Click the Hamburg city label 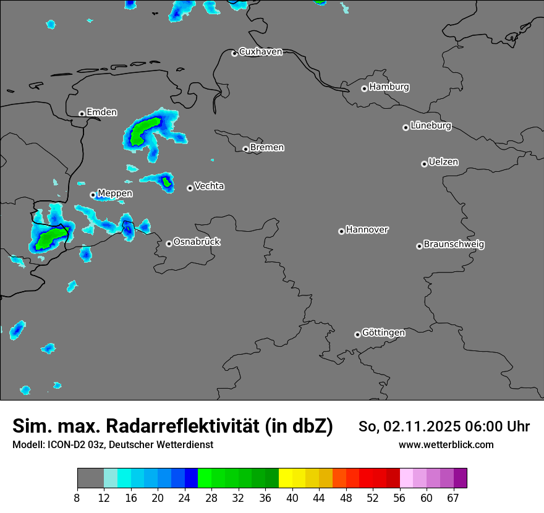pyautogui.click(x=389, y=87)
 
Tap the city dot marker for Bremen pyautogui.click(x=245, y=149)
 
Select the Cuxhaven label pyautogui.click(x=260, y=52)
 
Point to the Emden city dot pyautogui.click(x=82, y=114)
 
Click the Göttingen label pyautogui.click(x=383, y=333)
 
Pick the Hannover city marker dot pyautogui.click(x=341, y=231)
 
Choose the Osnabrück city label pyautogui.click(x=197, y=242)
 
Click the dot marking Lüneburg pyautogui.click(x=406, y=127)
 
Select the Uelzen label pyautogui.click(x=443, y=162)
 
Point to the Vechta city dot pyautogui.click(x=190, y=188)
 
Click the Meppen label pyautogui.click(x=115, y=193)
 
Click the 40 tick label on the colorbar pyautogui.click(x=292, y=498)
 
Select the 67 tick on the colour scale pyautogui.click(x=453, y=498)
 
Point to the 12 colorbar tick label pyautogui.click(x=104, y=498)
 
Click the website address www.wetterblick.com pyautogui.click(x=446, y=445)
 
